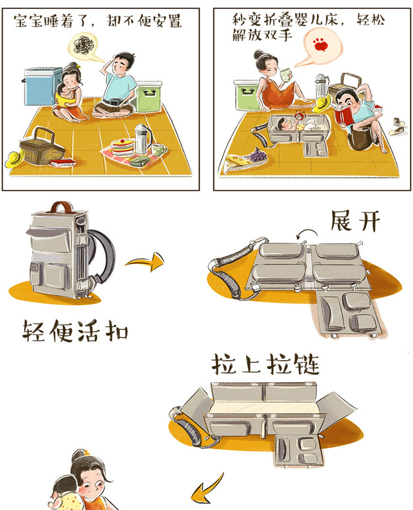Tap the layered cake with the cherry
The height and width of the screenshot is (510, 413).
click(x=123, y=147)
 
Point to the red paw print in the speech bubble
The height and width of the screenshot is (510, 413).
click(x=320, y=45)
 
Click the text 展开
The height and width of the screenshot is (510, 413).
click(x=355, y=221)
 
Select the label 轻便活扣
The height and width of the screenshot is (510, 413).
click(x=75, y=331)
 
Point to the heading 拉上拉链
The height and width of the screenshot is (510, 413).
click(x=265, y=365)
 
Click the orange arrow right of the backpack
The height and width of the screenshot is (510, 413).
click(x=145, y=261)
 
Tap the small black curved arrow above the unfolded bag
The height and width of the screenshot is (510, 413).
click(x=307, y=233)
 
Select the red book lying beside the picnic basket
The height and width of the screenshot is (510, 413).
click(x=63, y=162)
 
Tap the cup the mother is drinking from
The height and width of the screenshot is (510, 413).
click(x=285, y=75)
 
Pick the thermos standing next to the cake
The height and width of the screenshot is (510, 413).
click(x=142, y=139)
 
